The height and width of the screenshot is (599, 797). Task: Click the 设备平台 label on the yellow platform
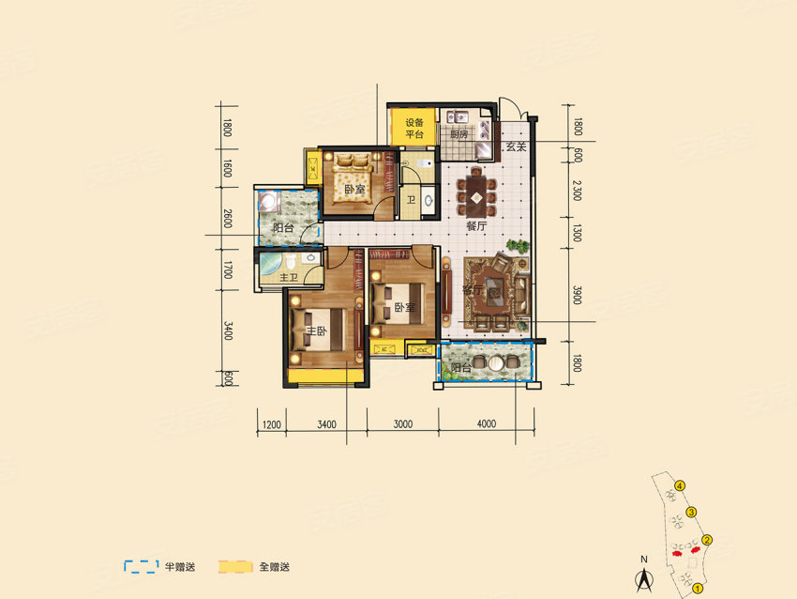click(x=414, y=129)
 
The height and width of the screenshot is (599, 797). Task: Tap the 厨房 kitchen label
click(x=458, y=134)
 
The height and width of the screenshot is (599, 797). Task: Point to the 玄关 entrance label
click(x=515, y=148)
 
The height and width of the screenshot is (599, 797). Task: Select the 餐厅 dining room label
click(x=476, y=226)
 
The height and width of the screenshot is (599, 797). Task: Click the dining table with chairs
click(x=477, y=192)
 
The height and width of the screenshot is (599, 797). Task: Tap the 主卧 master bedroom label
click(x=315, y=330)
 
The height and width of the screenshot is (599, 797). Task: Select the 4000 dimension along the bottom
click(x=485, y=424)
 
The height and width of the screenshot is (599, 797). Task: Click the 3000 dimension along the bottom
click(x=403, y=424)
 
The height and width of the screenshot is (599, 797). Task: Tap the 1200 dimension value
click(x=272, y=424)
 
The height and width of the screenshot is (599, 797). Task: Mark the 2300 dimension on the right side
click(x=578, y=192)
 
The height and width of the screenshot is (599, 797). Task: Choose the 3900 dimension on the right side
click(x=578, y=296)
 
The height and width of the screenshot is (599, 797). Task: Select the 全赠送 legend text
click(x=274, y=566)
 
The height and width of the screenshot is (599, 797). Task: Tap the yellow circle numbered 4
click(x=680, y=485)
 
